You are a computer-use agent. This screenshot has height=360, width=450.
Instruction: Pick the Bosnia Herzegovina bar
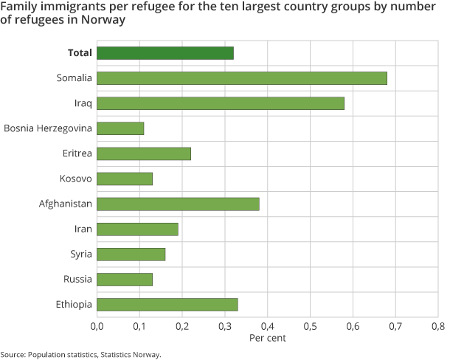[x=120, y=128]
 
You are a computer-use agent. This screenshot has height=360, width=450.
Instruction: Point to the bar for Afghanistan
[x=178, y=204]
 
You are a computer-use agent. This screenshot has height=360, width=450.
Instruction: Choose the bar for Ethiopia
[x=167, y=304]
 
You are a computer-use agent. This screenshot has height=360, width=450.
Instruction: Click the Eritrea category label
[x=77, y=153]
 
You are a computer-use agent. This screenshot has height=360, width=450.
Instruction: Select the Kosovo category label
[x=76, y=179]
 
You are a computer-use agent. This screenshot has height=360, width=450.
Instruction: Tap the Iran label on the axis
[x=83, y=229]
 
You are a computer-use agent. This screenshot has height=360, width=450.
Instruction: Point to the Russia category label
[x=78, y=279]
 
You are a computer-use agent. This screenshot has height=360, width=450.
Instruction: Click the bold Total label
[x=79, y=53]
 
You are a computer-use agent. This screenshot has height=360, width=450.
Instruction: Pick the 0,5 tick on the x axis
[x=310, y=325]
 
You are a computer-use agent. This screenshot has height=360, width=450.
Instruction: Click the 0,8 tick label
[x=438, y=325]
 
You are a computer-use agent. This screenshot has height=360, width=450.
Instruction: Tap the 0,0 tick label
[x=97, y=325]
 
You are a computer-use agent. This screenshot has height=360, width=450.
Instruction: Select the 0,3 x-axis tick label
[x=225, y=325]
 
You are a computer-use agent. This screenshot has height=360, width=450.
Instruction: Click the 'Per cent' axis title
[x=267, y=338]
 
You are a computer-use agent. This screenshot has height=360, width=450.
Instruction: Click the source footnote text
[x=80, y=354]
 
